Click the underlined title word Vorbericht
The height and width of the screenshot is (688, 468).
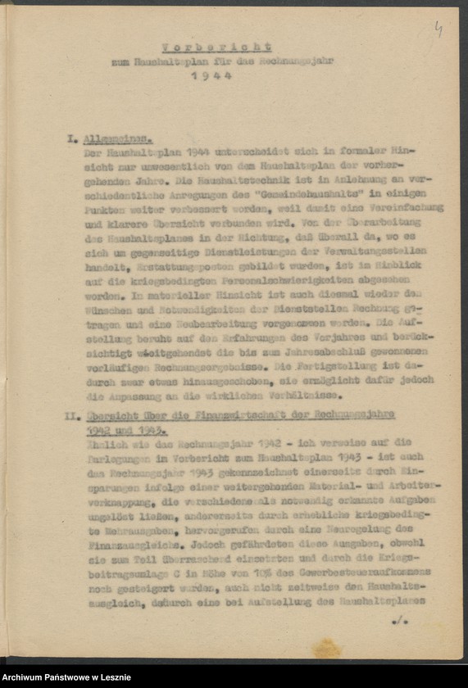pyautogui.click(x=216, y=47)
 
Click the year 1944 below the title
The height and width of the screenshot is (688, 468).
pyautogui.click(x=211, y=75)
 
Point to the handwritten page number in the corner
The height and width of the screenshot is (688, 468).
pyautogui.click(x=438, y=30)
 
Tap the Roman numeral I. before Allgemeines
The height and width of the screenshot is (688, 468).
pyautogui.click(x=71, y=139)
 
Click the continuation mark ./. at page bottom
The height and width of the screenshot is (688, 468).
pyautogui.click(x=399, y=621)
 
